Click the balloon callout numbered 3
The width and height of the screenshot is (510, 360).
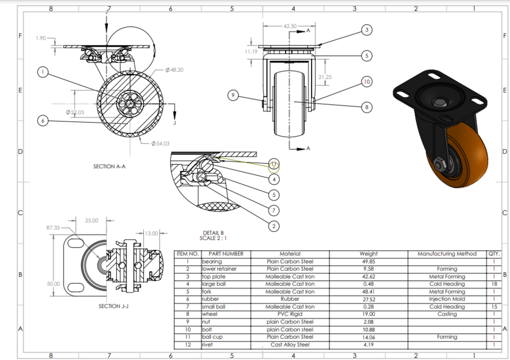pyautogui.click(x=367, y=30)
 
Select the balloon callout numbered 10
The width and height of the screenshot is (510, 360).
pyautogui.click(x=366, y=82)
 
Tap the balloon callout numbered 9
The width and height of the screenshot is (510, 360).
pyautogui.click(x=233, y=95)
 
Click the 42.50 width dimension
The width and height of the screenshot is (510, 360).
pyautogui.click(x=290, y=26)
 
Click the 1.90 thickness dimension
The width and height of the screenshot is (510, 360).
pyautogui.click(x=40, y=38)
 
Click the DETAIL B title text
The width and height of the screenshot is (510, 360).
pyautogui.click(x=214, y=232)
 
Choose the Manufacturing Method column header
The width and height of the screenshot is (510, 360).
pyautogui.click(x=446, y=254)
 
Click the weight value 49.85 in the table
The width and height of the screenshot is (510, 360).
pyautogui.click(x=368, y=262)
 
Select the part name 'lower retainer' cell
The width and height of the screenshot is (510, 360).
pyautogui.click(x=216, y=269)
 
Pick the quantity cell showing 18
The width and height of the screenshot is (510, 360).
pyautogui.click(x=493, y=284)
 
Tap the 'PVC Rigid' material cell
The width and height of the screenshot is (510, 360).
pyautogui.click(x=290, y=314)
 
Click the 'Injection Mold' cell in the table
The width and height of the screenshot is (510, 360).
pyautogui.click(x=446, y=299)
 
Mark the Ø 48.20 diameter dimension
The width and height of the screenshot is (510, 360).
pyautogui.click(x=174, y=70)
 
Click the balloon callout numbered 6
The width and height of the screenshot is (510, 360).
pyautogui.click(x=43, y=120)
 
